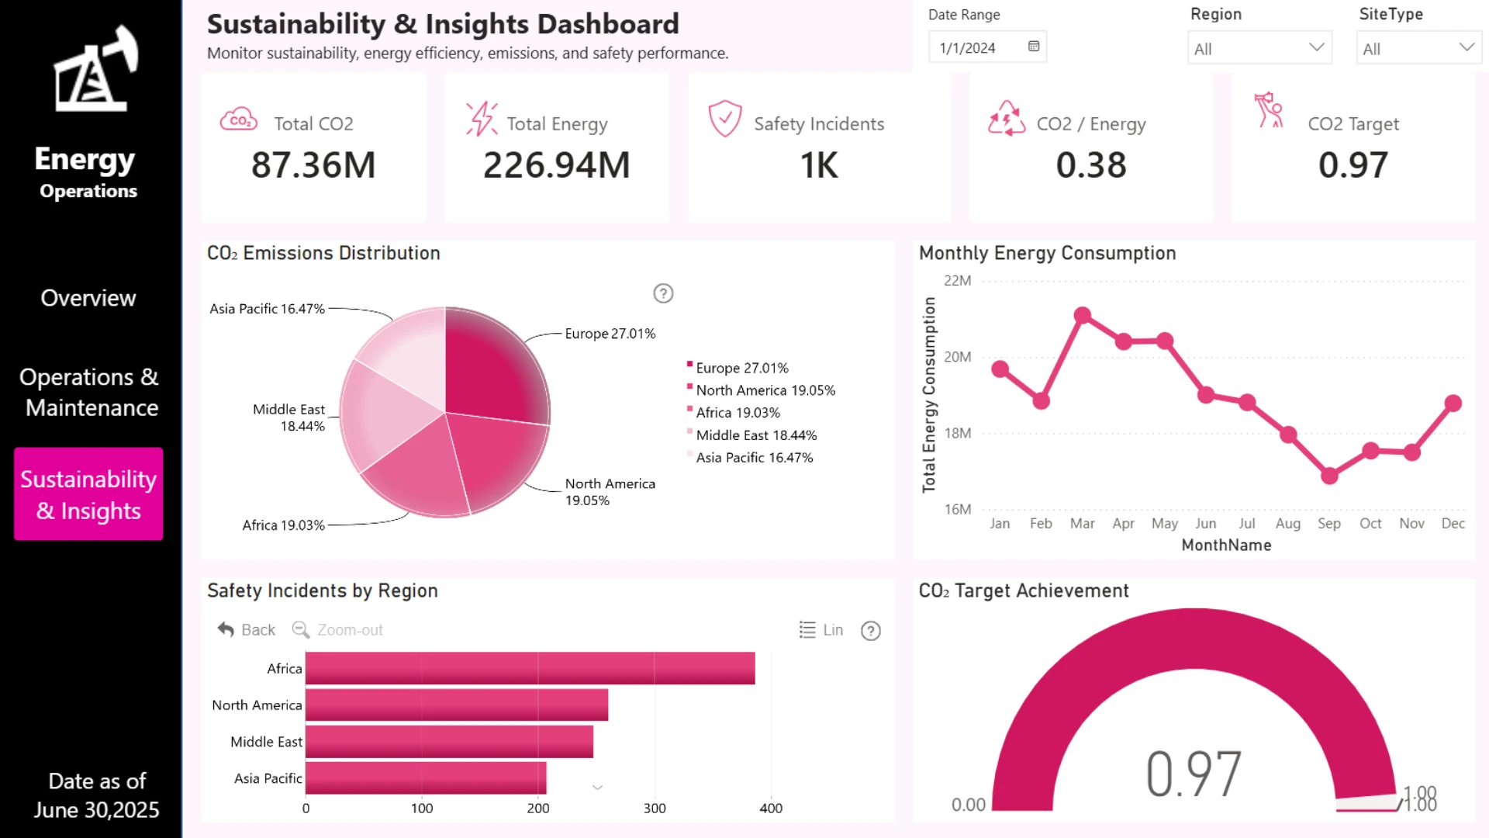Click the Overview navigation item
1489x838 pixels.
click(x=88, y=298)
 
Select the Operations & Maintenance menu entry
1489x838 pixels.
click(x=89, y=392)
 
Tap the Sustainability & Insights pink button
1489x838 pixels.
click(x=88, y=494)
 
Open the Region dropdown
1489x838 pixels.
click(x=1259, y=48)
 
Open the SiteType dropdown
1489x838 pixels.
click(x=1418, y=48)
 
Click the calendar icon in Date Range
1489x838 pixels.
click(x=1034, y=47)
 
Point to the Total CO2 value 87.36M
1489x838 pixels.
click(x=313, y=165)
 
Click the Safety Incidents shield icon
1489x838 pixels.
click(x=725, y=119)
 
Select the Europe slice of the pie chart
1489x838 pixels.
click(x=492, y=365)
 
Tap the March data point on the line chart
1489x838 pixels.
click(x=1083, y=315)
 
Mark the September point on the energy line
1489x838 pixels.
click(x=1329, y=476)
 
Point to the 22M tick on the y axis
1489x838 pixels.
click(x=958, y=281)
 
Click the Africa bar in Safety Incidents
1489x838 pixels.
click(x=530, y=668)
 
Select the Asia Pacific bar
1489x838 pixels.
click(x=426, y=778)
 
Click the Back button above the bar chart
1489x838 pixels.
click(x=247, y=630)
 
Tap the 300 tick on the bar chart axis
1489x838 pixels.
click(x=655, y=808)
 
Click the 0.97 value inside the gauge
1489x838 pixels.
click(x=1194, y=774)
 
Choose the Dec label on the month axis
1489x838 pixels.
click(x=1453, y=524)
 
